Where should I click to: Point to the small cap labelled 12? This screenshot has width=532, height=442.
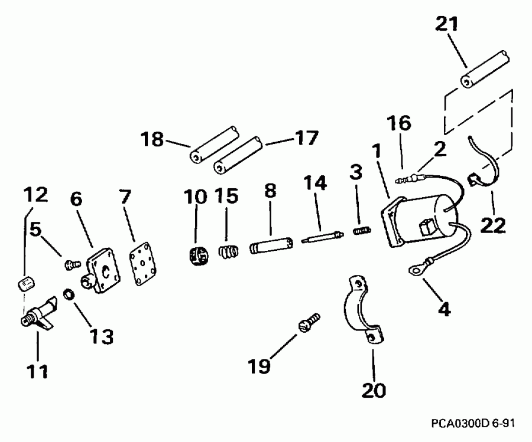[23, 285]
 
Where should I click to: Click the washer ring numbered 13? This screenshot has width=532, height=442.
[69, 293]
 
